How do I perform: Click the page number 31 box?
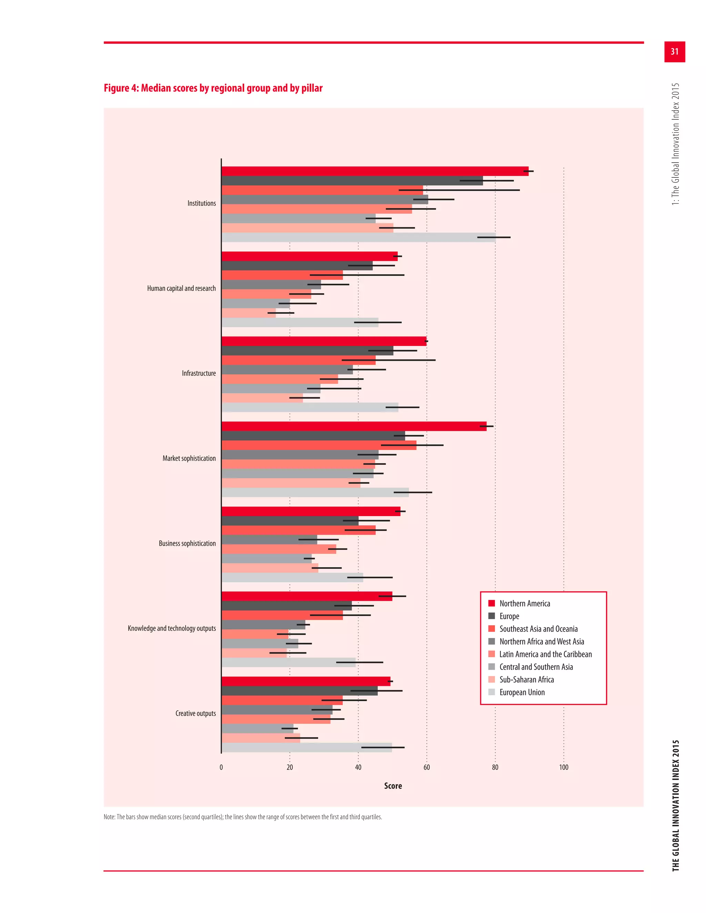(674, 52)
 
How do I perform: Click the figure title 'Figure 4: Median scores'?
(213, 88)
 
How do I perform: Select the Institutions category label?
(202, 204)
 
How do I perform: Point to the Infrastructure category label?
(199, 373)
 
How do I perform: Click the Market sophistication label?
(189, 459)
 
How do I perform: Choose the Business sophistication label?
(187, 543)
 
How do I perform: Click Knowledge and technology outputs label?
(171, 628)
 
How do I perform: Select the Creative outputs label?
(195, 714)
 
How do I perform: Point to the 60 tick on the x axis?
(427, 768)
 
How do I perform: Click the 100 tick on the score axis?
(563, 768)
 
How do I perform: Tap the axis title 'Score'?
(393, 786)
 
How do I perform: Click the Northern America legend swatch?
(492, 603)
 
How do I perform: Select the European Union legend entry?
(522, 692)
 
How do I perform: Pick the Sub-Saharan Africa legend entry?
(526, 680)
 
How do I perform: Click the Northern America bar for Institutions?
(374, 171)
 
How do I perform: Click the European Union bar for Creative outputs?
(306, 748)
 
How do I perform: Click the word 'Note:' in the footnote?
(110, 817)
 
